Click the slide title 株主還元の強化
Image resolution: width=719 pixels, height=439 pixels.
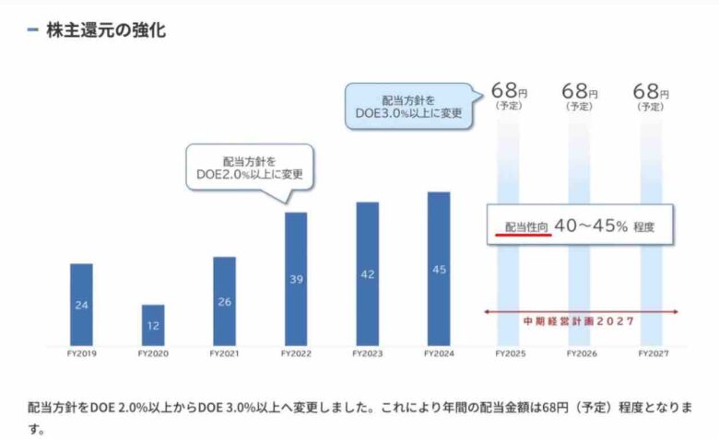106,30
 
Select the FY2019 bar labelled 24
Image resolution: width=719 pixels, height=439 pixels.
81,305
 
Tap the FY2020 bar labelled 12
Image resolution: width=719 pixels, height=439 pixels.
153,325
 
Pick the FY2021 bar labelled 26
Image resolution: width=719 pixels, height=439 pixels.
224,301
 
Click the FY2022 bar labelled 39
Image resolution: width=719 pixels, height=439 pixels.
296,279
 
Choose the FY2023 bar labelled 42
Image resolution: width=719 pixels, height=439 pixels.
367,273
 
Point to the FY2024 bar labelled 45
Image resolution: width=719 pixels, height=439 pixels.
439,269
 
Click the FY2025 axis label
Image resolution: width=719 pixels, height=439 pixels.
510,353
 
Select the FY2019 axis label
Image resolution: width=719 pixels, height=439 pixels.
81,353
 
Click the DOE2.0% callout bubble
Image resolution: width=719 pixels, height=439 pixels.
249,167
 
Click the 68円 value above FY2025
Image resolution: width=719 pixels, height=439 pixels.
509,92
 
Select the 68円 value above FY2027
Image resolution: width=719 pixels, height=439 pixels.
651,92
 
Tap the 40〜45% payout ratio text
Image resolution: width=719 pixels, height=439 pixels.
591,225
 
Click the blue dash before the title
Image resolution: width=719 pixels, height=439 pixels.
33,30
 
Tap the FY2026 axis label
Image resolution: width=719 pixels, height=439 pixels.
581,353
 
